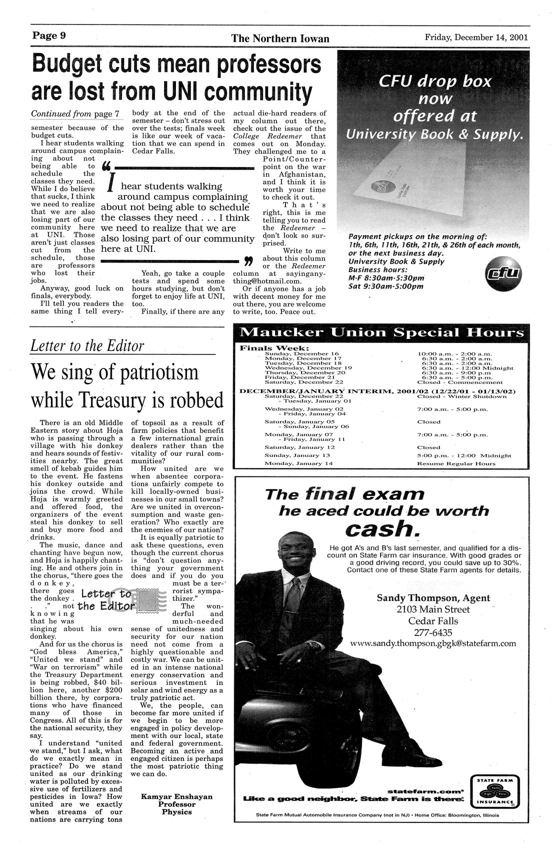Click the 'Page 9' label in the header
point(50,36)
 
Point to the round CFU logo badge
point(502,273)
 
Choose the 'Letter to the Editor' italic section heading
point(87,345)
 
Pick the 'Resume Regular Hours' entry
point(456,463)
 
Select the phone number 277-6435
point(433,632)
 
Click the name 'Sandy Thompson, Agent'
point(433,598)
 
